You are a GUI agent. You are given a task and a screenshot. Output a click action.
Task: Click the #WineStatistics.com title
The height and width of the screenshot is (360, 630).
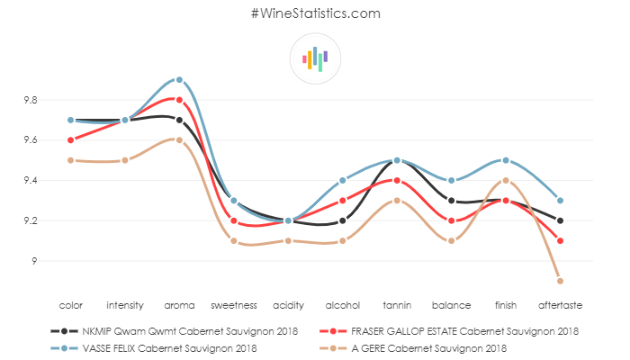point(315,13)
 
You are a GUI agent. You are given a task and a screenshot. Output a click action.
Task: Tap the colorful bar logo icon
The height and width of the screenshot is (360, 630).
point(315,58)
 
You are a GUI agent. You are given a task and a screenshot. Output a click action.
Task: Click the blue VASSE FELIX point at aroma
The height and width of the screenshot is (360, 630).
point(179,79)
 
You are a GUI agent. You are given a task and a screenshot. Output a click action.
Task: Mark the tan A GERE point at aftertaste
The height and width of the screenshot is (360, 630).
point(560,281)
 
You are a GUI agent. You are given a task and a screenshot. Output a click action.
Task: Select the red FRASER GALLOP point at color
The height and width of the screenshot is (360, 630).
point(70,140)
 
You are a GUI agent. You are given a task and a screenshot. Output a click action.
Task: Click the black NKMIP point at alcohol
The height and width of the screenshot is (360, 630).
point(342,221)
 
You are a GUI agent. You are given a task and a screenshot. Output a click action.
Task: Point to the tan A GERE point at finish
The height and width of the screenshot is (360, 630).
point(506,181)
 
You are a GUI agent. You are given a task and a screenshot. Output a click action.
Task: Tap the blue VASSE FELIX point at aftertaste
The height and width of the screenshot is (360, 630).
point(560,201)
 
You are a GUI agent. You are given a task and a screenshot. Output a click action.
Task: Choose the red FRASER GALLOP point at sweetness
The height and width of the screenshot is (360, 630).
point(233,221)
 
